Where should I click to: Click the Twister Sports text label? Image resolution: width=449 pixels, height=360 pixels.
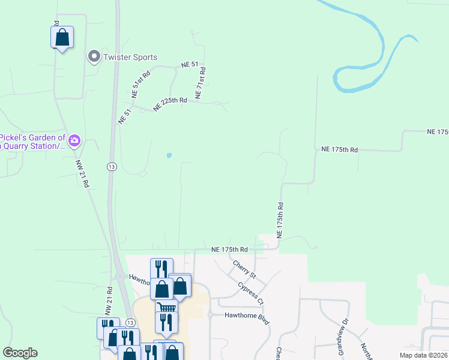click(130, 58)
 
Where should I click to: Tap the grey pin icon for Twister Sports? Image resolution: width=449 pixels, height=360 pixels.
click(94, 57)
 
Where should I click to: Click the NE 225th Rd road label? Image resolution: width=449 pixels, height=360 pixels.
click(170, 104)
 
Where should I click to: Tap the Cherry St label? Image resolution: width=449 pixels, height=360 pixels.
click(244, 269)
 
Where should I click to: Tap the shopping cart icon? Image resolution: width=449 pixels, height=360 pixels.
click(167, 307)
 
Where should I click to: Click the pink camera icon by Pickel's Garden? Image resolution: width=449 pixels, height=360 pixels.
click(74, 141)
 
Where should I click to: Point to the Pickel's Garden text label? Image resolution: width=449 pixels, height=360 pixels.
click(32, 141)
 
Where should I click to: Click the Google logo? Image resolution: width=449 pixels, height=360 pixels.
click(20, 353)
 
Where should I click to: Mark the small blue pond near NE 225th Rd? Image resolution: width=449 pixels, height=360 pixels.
click(169, 155)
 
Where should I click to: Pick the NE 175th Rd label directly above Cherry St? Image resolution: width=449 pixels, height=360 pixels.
click(230, 249)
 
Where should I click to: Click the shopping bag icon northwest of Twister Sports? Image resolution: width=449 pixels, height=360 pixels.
click(62, 38)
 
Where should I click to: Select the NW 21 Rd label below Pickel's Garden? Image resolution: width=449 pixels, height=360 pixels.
click(82, 174)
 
